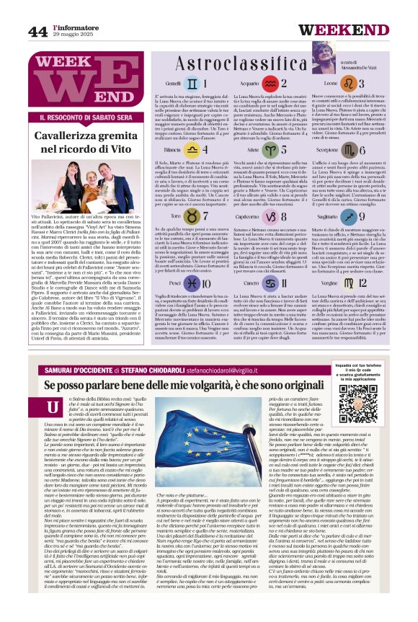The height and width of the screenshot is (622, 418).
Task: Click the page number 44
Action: coord(38,31)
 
